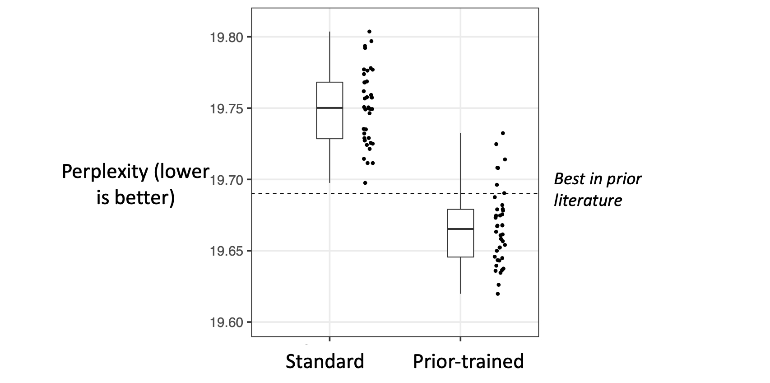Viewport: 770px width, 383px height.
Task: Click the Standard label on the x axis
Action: coord(325,362)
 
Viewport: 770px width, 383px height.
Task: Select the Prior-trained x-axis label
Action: coord(468,362)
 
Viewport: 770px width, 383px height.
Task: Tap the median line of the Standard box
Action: coord(329,108)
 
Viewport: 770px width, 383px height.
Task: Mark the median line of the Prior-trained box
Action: coord(460,229)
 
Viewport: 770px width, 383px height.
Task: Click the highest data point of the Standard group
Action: coord(369,32)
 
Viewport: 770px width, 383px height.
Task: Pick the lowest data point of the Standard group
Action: coord(365,183)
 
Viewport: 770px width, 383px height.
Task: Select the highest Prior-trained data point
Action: coord(503,133)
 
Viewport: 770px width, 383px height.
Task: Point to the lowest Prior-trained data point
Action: coord(497,294)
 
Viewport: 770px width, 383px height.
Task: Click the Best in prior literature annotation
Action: coord(597,190)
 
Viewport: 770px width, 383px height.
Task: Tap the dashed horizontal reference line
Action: coord(406,194)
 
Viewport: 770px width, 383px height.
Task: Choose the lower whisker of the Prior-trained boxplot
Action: coord(460,276)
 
